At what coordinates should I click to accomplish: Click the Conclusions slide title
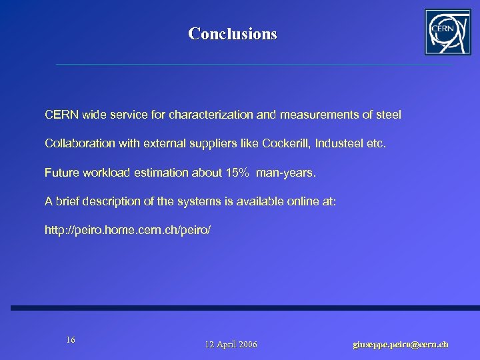(x=232, y=33)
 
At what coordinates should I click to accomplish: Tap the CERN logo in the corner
(x=447, y=32)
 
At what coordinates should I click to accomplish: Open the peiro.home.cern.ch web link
(x=127, y=230)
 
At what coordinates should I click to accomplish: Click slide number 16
(x=71, y=340)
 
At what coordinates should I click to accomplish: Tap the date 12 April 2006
(x=231, y=344)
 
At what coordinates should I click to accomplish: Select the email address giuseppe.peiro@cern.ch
(x=400, y=344)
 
